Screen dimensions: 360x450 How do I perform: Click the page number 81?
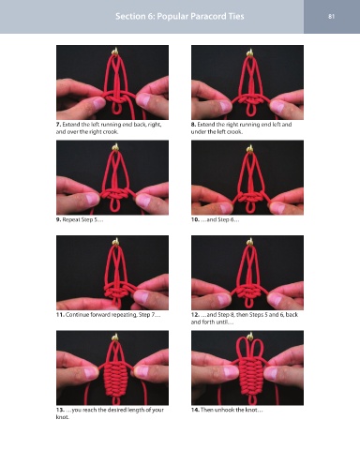332,16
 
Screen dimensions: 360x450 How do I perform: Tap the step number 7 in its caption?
58,125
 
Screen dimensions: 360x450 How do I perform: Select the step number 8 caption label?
193,125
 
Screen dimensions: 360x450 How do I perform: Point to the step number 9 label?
58,219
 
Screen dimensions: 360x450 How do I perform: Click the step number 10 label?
195,219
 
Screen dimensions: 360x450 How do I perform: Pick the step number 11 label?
60,315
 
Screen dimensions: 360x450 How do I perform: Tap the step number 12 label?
195,315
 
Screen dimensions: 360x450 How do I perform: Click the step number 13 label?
60,410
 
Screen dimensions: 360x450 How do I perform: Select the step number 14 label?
195,410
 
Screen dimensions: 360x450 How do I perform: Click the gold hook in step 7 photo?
115,52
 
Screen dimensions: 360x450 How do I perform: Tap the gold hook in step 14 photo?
249,336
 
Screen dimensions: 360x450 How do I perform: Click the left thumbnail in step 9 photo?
91,199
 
